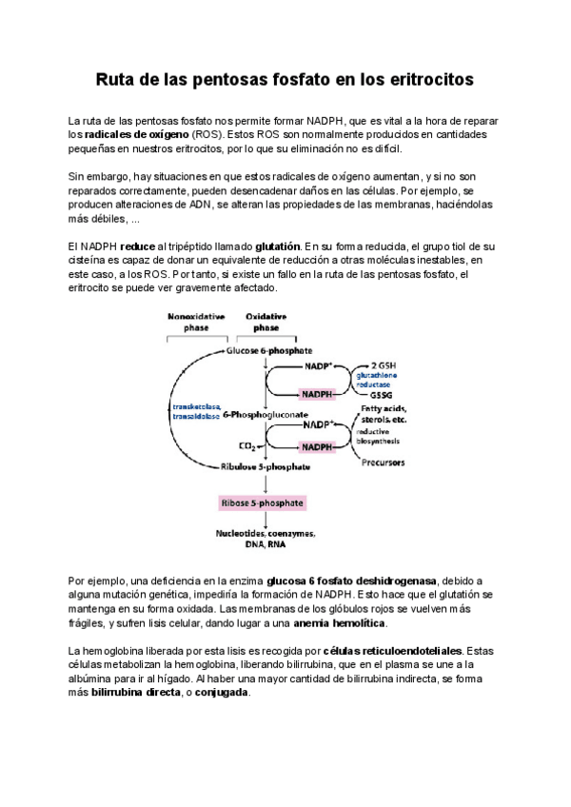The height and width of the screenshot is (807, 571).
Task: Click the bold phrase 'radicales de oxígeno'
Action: pos(129,135)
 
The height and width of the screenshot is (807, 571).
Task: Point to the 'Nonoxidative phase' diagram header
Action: pos(196,321)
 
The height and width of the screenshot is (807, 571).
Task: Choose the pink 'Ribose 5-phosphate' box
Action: pos(266,502)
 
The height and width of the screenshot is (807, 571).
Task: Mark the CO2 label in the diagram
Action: pos(244,443)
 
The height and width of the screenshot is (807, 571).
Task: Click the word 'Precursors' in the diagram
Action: pos(383,463)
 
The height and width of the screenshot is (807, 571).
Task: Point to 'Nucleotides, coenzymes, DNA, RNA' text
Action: pos(266,540)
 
